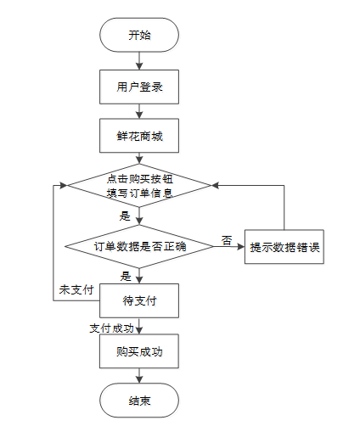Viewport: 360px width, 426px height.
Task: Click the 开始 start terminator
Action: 139,35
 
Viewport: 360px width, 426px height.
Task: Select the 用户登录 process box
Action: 139,87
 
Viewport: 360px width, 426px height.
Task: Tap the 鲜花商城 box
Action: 139,136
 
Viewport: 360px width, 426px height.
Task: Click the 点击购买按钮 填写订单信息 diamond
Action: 139,186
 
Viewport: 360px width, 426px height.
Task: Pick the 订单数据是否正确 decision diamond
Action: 139,246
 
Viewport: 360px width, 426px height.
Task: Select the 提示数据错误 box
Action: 284,247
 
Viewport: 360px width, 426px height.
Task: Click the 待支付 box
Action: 139,300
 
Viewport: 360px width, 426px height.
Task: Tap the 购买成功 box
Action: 139,351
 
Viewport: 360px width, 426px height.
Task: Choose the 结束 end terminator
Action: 139,401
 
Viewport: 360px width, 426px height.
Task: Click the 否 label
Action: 227,240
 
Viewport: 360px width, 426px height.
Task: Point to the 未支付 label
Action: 76,289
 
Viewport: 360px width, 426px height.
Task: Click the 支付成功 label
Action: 111,328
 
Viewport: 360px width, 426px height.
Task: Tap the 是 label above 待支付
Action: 126,276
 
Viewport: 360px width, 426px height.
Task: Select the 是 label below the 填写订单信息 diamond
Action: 125,216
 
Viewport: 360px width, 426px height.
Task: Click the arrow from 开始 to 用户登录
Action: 139,61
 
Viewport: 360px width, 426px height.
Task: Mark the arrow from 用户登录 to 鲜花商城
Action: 139,111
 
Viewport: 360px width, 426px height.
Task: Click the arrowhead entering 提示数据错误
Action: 241,247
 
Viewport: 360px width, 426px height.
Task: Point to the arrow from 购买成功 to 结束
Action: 139,376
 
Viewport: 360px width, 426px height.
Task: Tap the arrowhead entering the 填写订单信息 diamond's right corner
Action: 215,186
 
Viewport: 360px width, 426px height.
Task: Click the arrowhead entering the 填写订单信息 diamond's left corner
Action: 64,186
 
